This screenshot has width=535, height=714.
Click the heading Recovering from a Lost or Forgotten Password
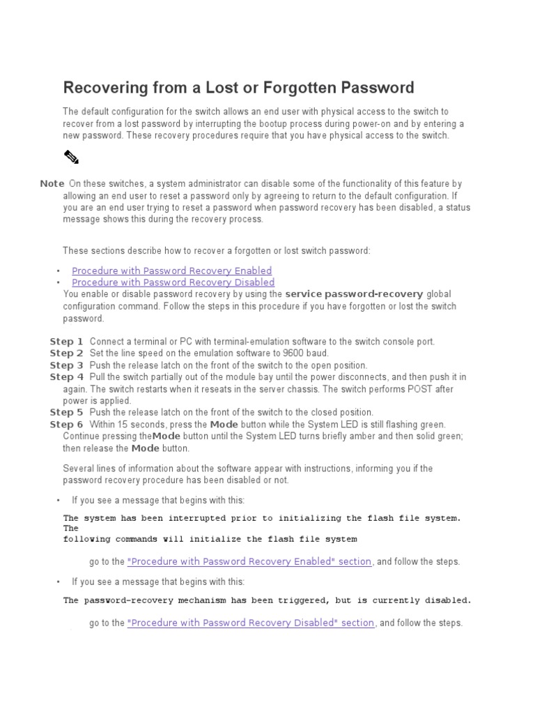pos(238,88)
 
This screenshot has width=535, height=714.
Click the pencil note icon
pos(72,157)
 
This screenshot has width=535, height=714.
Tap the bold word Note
pos(52,183)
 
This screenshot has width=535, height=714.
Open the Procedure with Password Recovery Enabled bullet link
pos(171,271)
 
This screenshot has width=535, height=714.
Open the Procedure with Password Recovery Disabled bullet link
pos(173,282)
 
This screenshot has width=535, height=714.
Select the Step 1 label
pos(66,342)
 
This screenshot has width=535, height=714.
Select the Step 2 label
pos(66,354)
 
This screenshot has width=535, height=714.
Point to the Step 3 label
pos(66,365)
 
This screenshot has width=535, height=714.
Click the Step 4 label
pos(66,377)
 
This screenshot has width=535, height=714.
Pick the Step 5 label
pos(66,413)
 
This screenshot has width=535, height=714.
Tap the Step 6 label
pos(66,425)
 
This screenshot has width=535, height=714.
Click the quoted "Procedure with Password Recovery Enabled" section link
pos(249,561)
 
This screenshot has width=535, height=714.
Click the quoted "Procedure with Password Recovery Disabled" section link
pos(251,623)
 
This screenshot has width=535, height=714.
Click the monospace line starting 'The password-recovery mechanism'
pos(267,600)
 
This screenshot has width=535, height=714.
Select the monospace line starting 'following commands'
pos(210,539)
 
